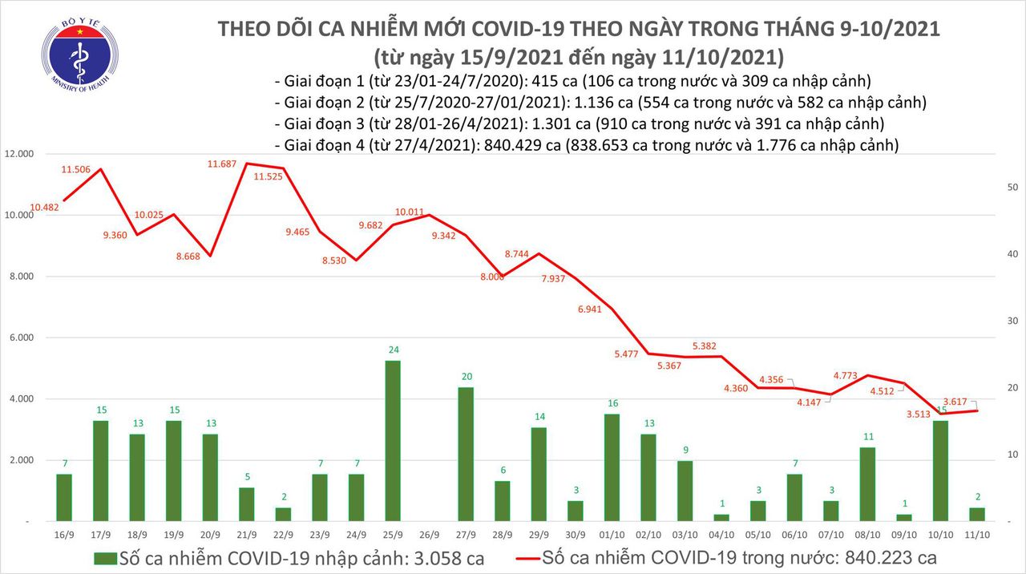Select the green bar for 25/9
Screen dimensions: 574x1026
393,440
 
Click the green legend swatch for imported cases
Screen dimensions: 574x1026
105,557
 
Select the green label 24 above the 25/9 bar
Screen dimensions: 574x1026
393,350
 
